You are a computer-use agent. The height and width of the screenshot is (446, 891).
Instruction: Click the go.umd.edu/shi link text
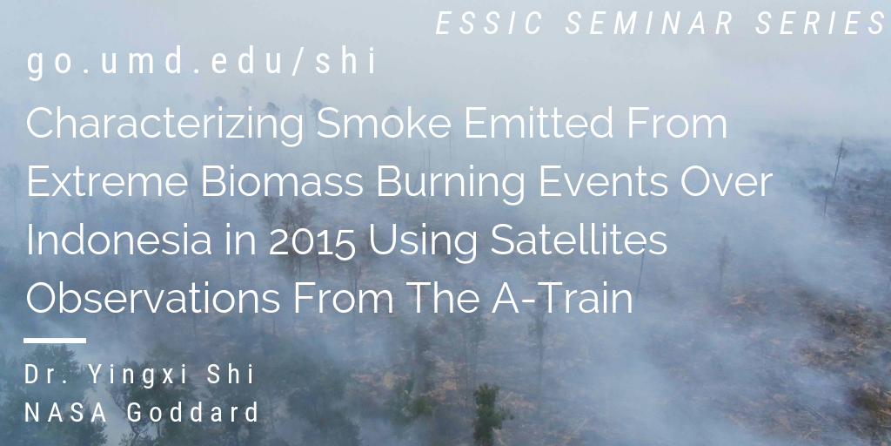pyautogui.click(x=202, y=62)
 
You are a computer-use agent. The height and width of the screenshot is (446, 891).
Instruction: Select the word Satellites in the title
pyautogui.click(x=579, y=240)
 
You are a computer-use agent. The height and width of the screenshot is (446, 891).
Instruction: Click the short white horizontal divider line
pyautogui.click(x=55, y=341)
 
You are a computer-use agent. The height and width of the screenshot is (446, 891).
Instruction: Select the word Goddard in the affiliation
pyautogui.click(x=193, y=412)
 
